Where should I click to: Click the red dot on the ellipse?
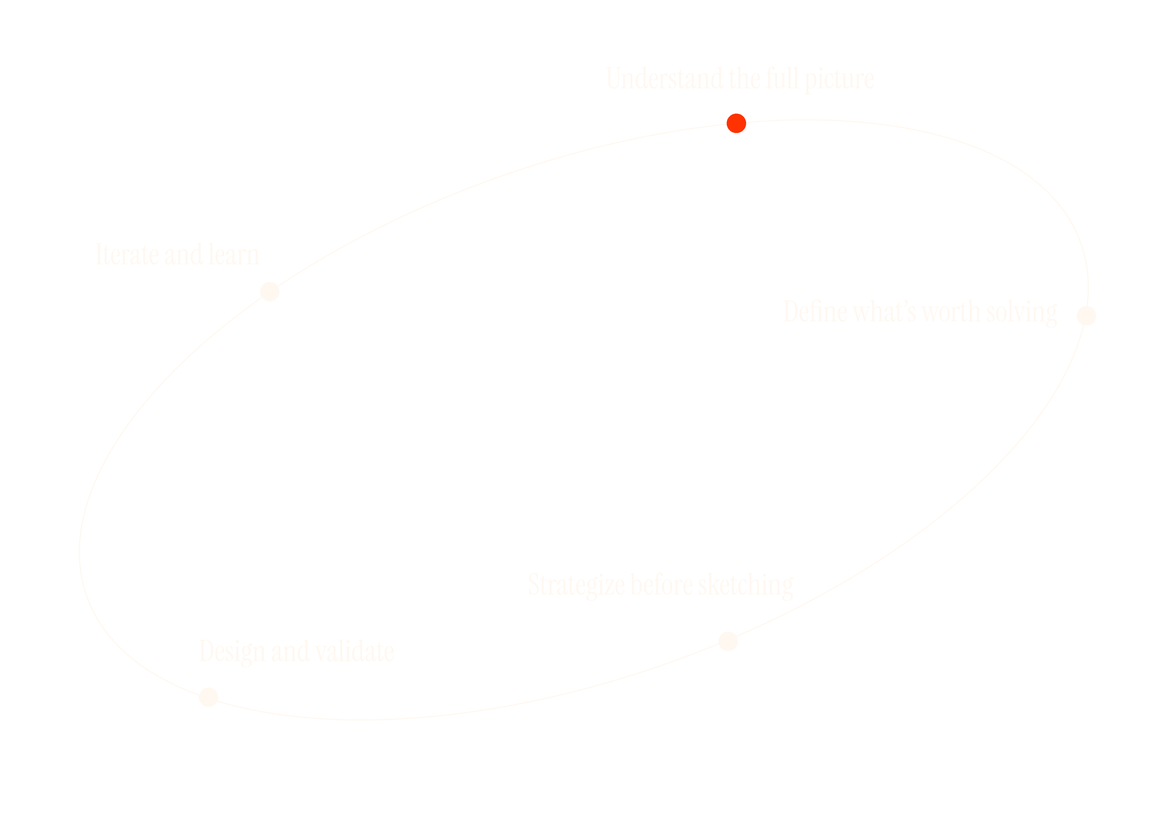coord(736,123)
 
